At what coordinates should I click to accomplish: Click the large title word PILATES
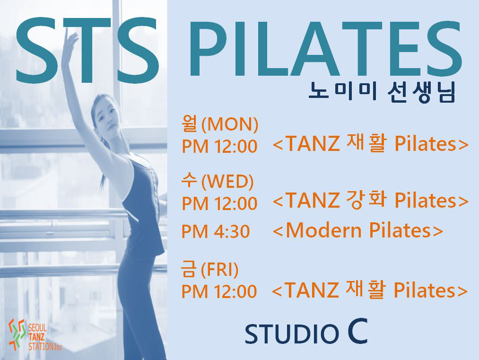pos(325,49)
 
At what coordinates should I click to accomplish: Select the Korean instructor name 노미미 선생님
pos(382,92)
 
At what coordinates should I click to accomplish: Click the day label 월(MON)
pos(220,124)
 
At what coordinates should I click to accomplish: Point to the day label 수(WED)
pos(217,181)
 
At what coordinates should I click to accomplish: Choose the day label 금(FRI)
pos(209,269)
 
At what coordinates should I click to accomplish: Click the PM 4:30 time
pos(216,231)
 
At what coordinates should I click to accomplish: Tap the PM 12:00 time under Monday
pos(219,146)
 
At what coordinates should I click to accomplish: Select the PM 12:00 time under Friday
pos(219,291)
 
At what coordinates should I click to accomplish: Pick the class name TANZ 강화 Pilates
pos(370,201)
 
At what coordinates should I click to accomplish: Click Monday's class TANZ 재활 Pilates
pos(370,144)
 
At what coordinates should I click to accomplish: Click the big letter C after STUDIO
pos(357,331)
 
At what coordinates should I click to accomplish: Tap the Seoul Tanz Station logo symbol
pos(17,334)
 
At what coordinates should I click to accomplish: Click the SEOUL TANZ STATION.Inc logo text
pos(45,337)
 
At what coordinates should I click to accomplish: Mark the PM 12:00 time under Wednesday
pos(219,203)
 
